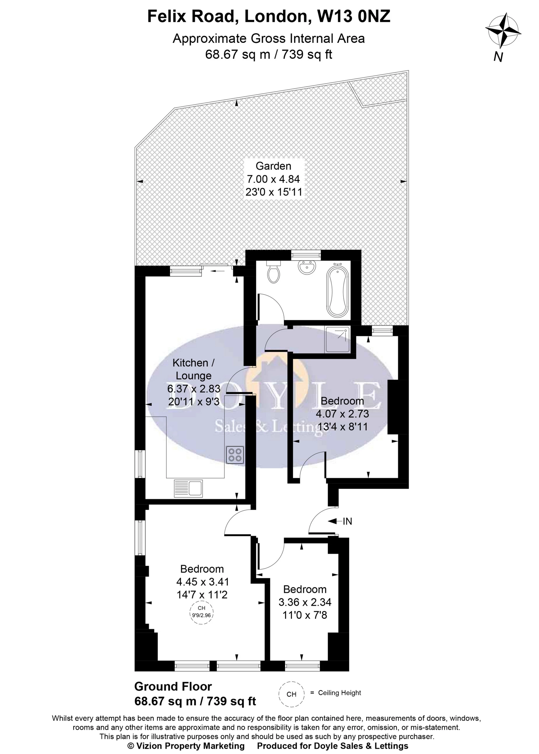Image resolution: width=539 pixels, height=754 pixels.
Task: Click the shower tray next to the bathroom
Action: pyautogui.click(x=338, y=339)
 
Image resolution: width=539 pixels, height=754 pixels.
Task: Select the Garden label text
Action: pyautogui.click(x=273, y=166)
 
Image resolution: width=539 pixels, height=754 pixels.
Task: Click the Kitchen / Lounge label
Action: pyautogui.click(x=194, y=369)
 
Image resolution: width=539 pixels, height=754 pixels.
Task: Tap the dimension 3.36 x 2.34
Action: pyautogui.click(x=305, y=602)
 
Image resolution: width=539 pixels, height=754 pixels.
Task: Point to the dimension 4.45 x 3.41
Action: pyautogui.click(x=203, y=582)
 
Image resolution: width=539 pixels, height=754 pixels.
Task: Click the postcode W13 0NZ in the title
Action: pyautogui.click(x=353, y=17)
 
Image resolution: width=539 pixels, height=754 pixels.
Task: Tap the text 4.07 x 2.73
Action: pyautogui.click(x=342, y=414)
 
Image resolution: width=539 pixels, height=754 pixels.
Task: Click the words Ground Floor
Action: pyautogui.click(x=173, y=686)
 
